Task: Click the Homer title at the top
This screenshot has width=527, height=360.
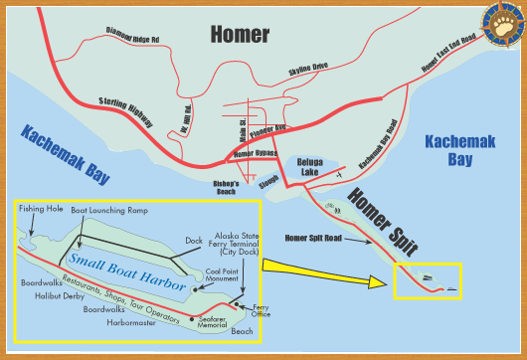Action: click(x=239, y=35)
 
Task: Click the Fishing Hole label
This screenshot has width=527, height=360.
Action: click(x=41, y=210)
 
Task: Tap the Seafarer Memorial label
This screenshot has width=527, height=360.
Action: click(x=213, y=322)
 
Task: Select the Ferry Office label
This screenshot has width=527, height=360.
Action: click(x=262, y=312)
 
